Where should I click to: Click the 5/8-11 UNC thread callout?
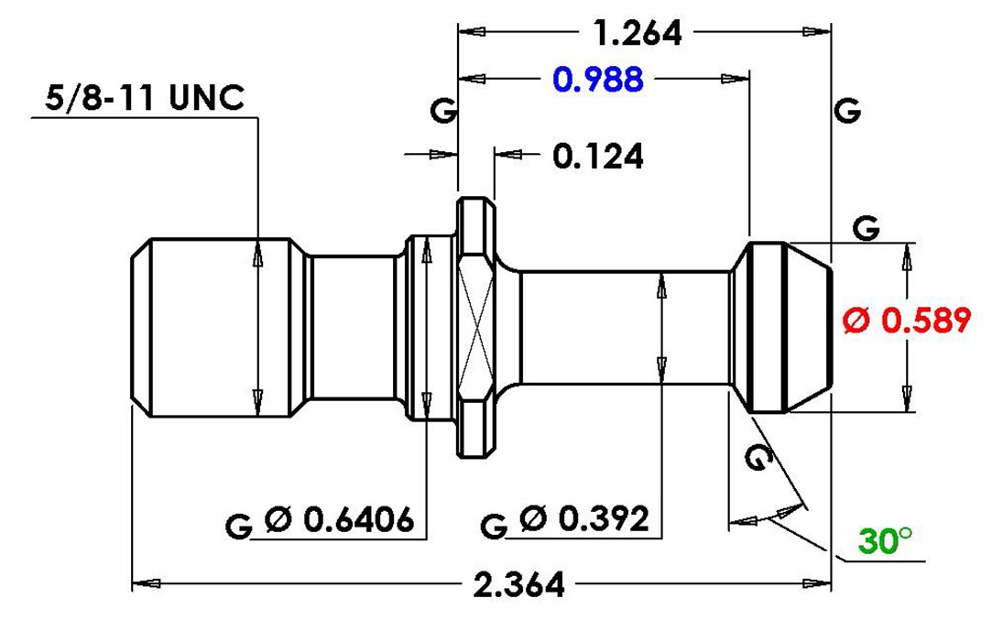click(145, 97)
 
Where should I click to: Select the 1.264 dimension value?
click(638, 33)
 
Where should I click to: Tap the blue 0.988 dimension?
click(598, 80)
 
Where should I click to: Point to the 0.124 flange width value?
click(598, 156)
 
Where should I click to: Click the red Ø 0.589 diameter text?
click(907, 321)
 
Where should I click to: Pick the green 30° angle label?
click(885, 541)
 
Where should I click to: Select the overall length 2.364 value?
click(518, 584)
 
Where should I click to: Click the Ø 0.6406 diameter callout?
click(340, 520)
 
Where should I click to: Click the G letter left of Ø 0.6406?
click(238, 526)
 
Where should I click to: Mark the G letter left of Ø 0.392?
click(494, 526)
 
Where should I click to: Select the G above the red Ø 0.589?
click(866, 227)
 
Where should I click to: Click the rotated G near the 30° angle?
click(758, 457)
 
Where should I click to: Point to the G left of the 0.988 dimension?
click(443, 111)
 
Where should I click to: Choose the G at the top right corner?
click(847, 111)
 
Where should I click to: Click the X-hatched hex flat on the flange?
click(476, 326)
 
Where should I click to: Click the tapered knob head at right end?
click(782, 327)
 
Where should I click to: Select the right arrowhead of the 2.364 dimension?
click(816, 583)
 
